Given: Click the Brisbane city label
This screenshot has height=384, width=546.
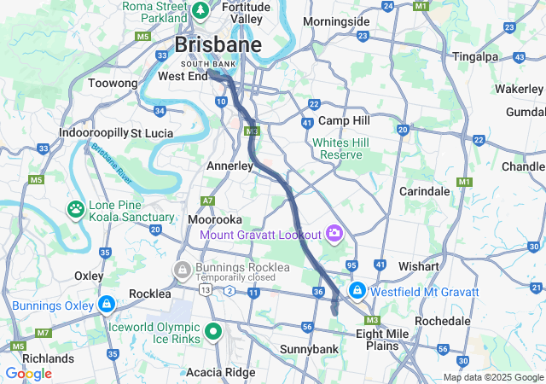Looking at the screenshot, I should coord(218,44).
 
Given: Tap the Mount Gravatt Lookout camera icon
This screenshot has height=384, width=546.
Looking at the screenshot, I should coord(334,233).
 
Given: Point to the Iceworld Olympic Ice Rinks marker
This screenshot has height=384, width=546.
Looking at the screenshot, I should coord(213,331).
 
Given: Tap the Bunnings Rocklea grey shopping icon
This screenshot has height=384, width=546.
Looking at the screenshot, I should coord(181,270).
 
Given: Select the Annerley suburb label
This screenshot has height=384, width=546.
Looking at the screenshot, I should coord(229,166).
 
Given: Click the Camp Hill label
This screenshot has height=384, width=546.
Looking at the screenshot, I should coord(342,121).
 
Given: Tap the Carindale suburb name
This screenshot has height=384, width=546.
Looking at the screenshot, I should coord(424,191).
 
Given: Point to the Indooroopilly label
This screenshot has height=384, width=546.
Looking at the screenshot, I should coord(92,133).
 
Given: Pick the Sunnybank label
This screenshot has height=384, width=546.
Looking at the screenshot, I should coord(309,349).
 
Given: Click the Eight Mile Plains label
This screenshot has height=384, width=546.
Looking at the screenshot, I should coord(377,340).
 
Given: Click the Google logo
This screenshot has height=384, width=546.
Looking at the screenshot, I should coord(28,374).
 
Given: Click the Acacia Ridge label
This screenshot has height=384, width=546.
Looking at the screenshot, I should coord(220,371).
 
